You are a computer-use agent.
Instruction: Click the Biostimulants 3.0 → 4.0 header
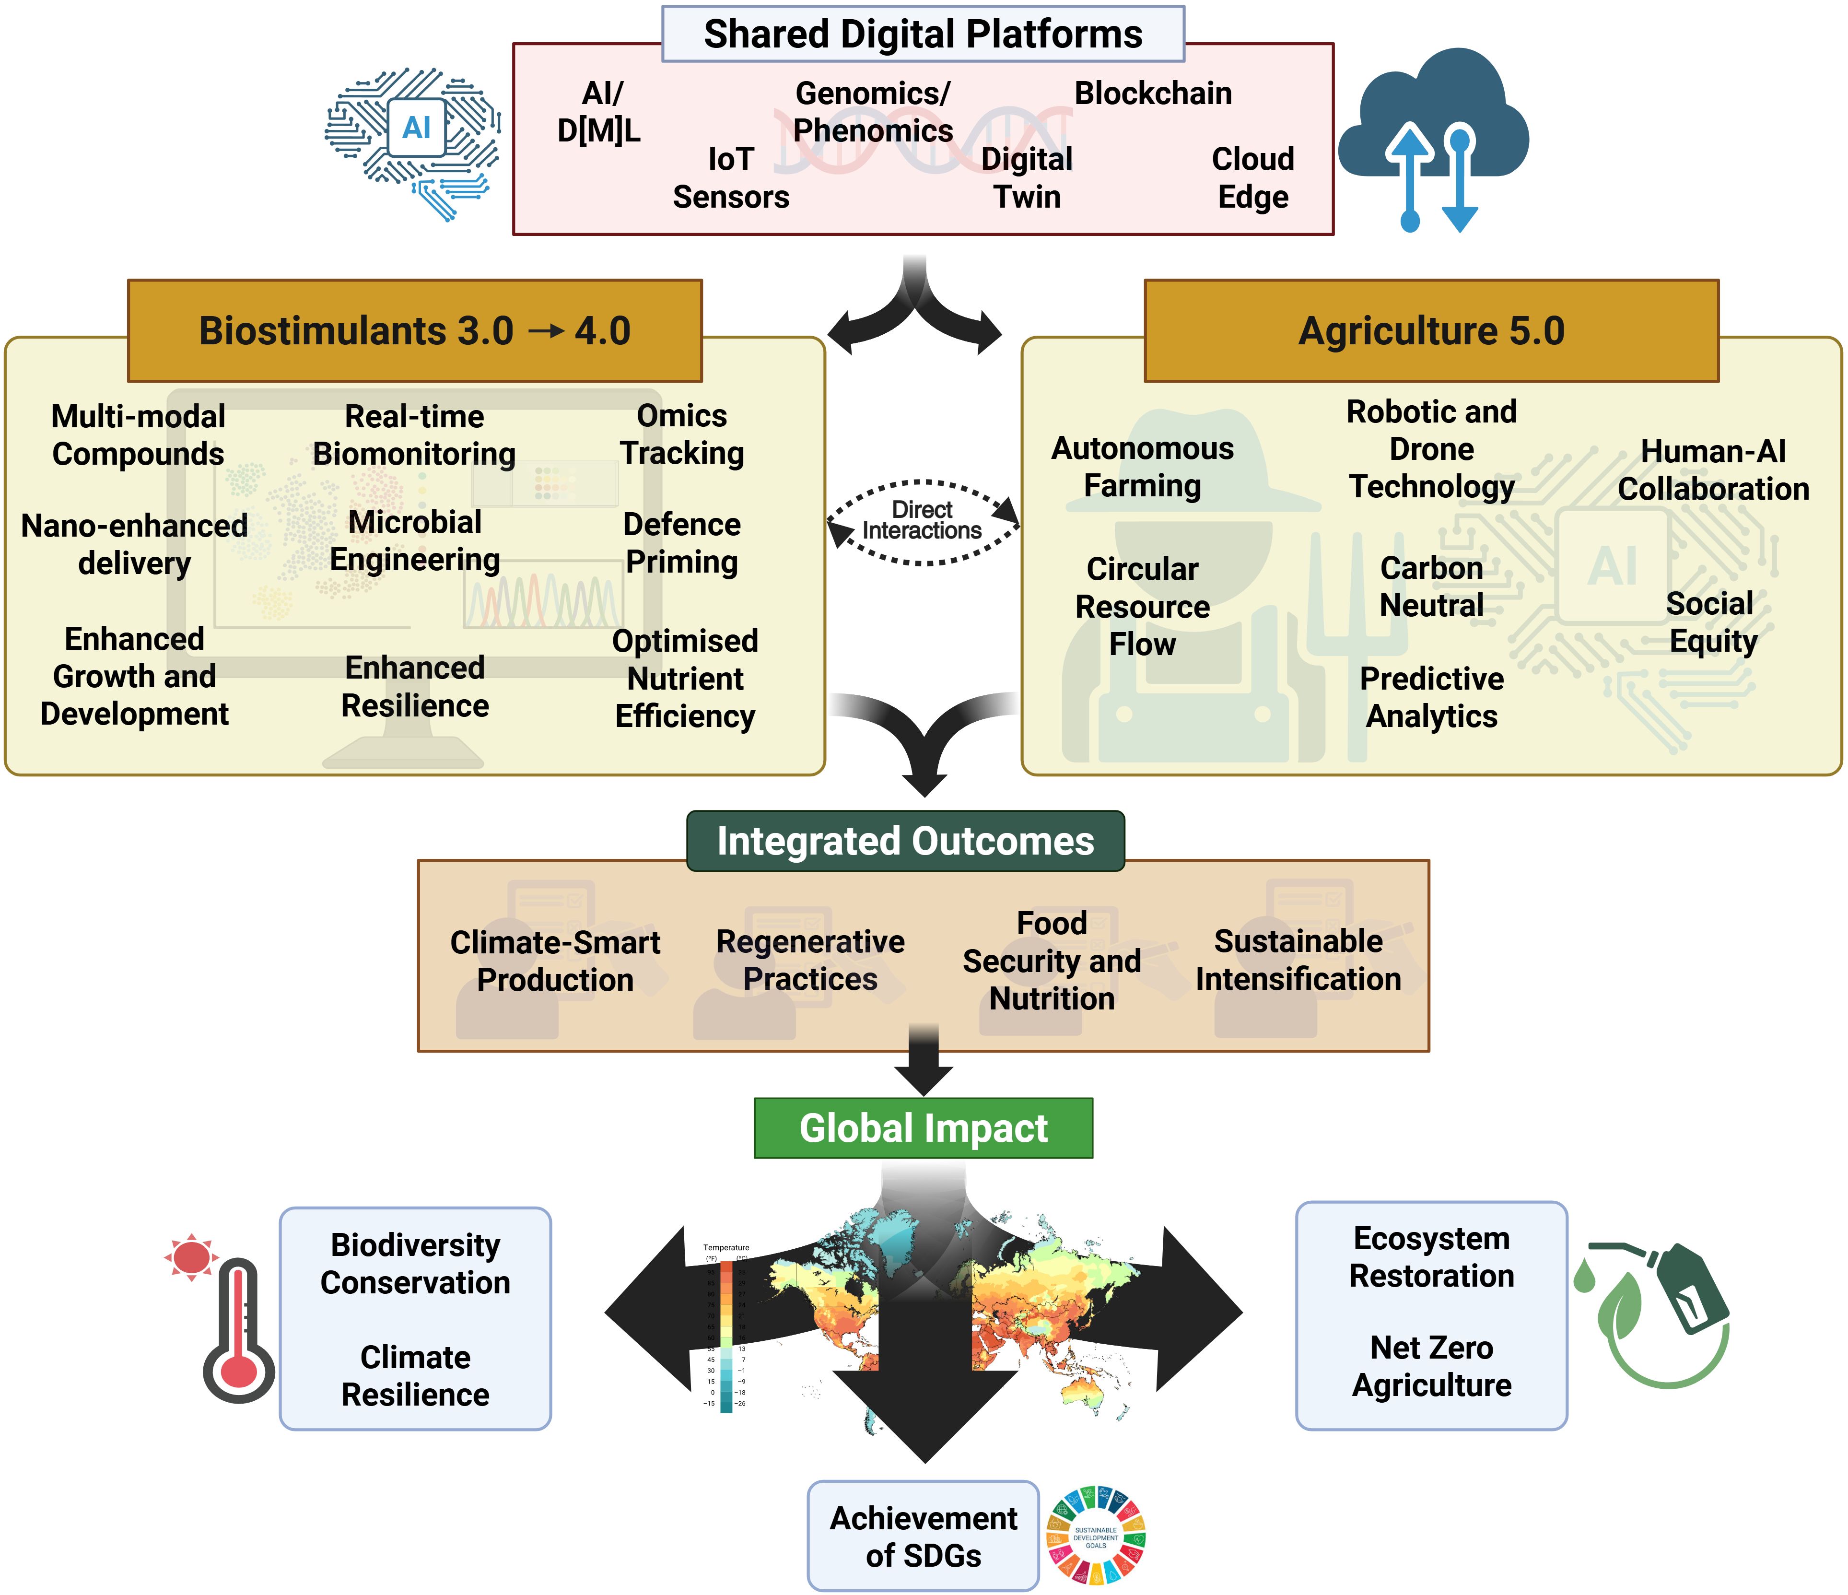415,331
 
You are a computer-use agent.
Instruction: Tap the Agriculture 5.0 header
1431,331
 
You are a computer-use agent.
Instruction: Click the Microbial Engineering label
415,540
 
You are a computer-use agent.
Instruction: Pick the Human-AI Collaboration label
1712,470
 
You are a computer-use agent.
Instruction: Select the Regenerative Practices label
810,960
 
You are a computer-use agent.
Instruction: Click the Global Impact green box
923,1128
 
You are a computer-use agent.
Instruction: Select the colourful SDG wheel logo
1095,1536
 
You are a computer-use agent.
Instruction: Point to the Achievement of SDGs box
923,1536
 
